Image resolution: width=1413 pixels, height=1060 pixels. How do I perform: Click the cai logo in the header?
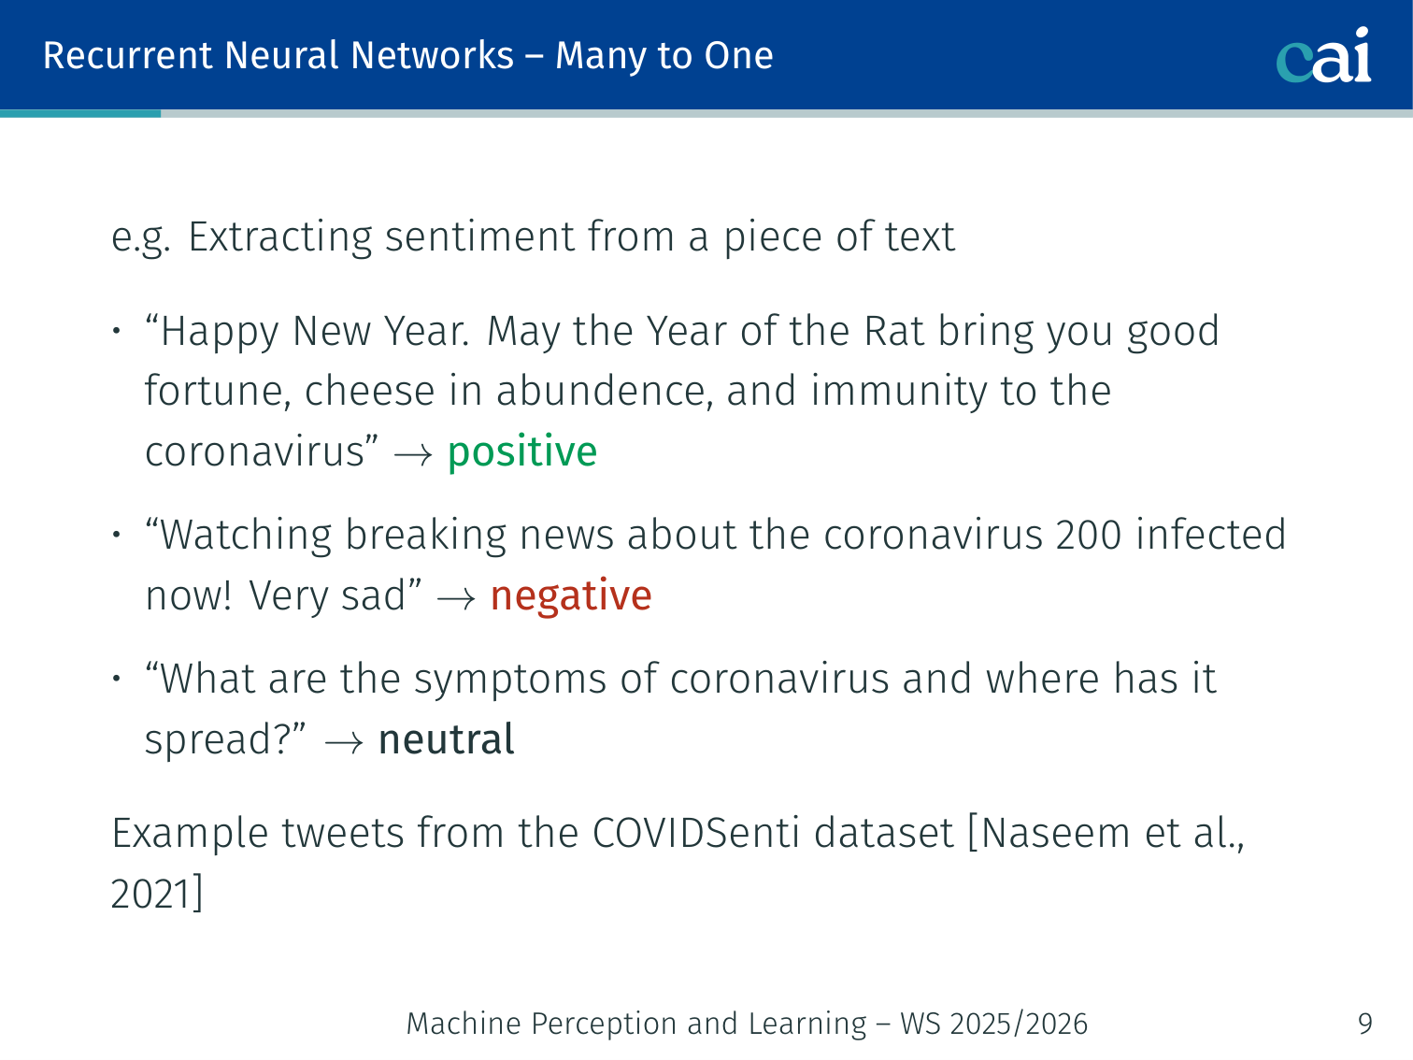[1323, 55]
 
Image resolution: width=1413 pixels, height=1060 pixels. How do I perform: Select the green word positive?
[522, 451]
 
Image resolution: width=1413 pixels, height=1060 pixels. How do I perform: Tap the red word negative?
[571, 596]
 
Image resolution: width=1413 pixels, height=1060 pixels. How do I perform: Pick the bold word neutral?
[446, 738]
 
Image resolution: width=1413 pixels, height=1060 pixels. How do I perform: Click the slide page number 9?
[1364, 1024]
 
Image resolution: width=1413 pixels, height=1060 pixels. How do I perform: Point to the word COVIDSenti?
[695, 833]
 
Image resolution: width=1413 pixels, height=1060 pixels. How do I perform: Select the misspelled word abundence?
[604, 391]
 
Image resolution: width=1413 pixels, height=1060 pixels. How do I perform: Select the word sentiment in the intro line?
[479, 236]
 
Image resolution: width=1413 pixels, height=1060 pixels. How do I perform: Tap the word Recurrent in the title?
[127, 55]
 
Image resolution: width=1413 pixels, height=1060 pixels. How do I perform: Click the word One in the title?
[738, 55]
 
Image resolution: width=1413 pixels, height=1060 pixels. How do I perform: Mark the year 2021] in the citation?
[157, 894]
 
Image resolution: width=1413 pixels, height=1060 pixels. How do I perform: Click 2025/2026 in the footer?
[1019, 1024]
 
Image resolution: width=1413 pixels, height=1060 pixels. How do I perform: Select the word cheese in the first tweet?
[369, 391]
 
